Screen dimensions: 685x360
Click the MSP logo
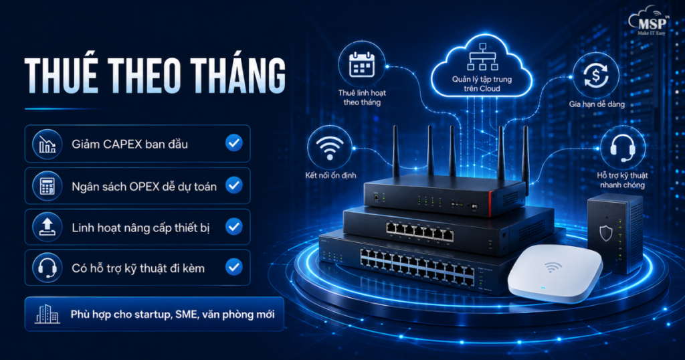click(648, 21)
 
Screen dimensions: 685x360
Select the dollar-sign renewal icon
click(595, 75)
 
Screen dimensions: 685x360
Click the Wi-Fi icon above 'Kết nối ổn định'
click(329, 148)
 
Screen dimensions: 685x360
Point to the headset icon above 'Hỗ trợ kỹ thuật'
click(623, 147)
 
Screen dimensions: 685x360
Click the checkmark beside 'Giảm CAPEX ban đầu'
click(234, 143)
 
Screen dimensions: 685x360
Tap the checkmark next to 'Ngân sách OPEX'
click(234, 185)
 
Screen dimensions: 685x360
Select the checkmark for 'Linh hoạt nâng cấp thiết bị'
click(234, 226)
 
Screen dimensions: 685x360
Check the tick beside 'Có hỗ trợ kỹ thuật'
click(234, 267)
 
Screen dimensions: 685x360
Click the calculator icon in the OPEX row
click(47, 185)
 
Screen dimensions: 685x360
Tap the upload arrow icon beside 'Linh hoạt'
click(47, 227)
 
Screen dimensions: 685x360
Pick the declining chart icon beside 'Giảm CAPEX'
click(47, 144)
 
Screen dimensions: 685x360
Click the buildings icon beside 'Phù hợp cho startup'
click(47, 314)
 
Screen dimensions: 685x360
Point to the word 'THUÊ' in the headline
click(61, 75)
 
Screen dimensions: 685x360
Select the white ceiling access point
click(555, 273)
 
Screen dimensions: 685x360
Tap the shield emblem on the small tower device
click(605, 233)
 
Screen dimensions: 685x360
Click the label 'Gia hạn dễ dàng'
click(597, 104)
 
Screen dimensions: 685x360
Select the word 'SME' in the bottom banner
click(186, 314)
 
